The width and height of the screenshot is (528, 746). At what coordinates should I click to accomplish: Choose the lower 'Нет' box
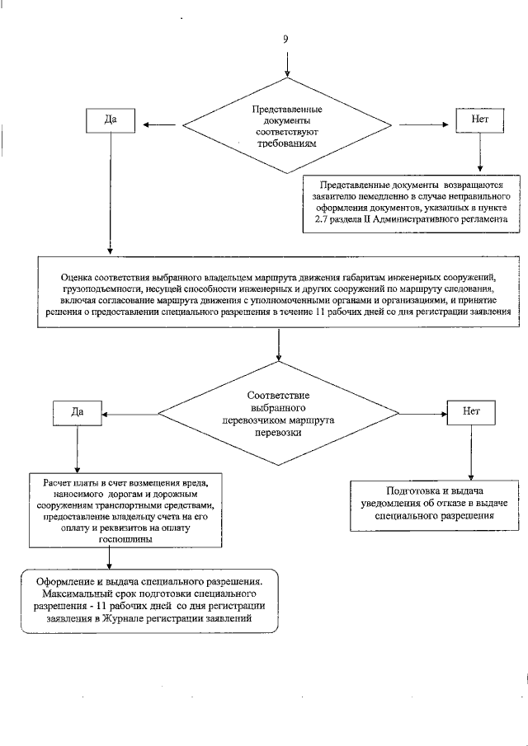pos(470,410)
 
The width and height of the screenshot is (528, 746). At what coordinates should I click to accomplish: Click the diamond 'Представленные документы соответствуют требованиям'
pos(286,125)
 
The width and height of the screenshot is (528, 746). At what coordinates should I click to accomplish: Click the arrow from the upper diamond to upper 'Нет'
pos(426,125)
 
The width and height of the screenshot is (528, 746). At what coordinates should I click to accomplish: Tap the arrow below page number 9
pos(286,63)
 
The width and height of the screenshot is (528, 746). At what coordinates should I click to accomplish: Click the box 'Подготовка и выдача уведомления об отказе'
pos(434,502)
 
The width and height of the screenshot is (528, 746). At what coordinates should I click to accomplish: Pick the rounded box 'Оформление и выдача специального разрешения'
pos(149,599)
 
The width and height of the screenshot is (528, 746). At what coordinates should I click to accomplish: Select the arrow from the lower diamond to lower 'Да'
pos(129,410)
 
